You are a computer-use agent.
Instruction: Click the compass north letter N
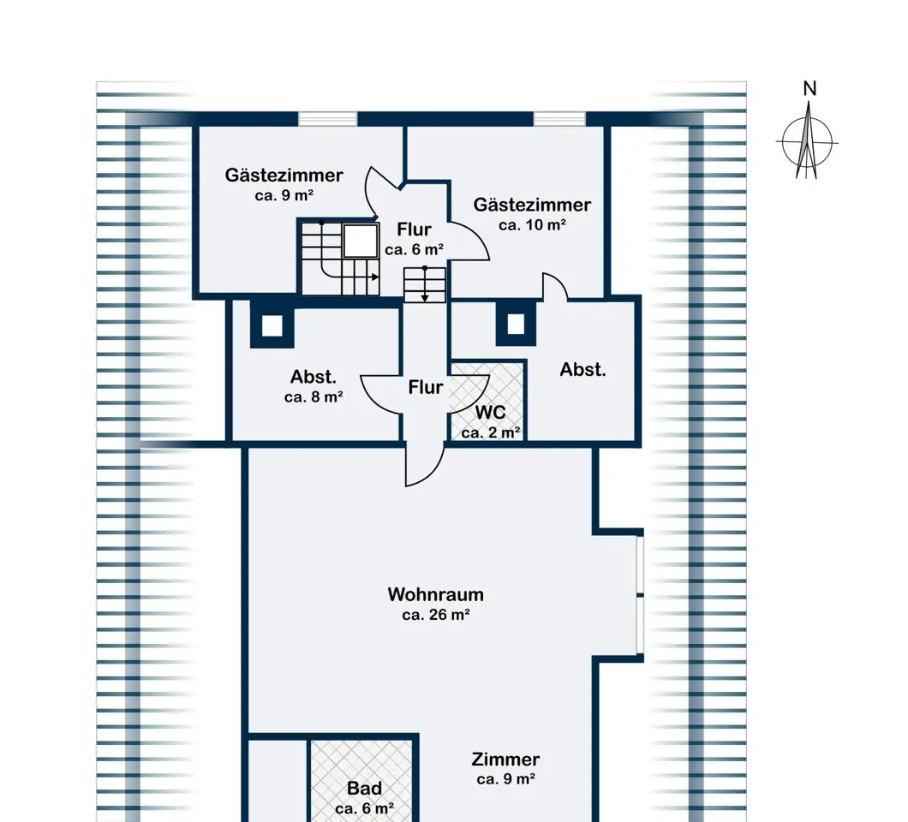pos(809,88)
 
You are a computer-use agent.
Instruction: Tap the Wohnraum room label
pos(435,594)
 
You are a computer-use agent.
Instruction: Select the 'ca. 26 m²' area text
pos(435,615)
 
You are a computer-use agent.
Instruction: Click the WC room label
pos(491,412)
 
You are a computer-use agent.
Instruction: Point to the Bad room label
pos(364,788)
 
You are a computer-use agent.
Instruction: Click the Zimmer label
pos(505,759)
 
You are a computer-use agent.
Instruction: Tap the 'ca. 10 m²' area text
pos(532,224)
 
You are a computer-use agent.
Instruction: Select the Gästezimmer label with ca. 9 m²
pos(284,175)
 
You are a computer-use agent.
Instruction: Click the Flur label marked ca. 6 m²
pos(414,229)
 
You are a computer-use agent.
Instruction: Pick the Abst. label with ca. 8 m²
pos(314,377)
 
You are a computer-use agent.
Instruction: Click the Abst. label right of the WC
pos(582,369)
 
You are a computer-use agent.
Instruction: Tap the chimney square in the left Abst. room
pos(272,326)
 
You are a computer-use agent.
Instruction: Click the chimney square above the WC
pos(516,325)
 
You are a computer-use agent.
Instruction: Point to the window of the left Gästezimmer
pos(328,119)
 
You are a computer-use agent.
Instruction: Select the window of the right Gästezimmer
pos(559,119)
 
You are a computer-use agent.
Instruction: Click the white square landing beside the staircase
pos(360,241)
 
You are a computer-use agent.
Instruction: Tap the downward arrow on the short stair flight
pos(425,284)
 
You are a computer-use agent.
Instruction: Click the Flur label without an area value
pos(426,387)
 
